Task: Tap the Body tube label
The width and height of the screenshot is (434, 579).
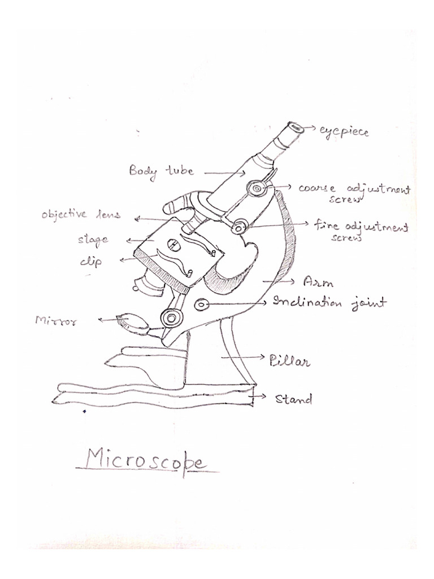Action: (x=161, y=171)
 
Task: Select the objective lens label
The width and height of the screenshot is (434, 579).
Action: (x=81, y=214)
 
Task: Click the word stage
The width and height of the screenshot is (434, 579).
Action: (x=93, y=240)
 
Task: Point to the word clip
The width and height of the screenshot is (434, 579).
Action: (x=91, y=261)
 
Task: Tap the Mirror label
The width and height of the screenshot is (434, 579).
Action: (x=57, y=321)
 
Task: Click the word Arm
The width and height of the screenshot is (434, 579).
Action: (x=318, y=283)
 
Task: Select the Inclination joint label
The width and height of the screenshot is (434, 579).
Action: (x=330, y=303)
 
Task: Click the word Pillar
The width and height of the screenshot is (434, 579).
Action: (x=290, y=361)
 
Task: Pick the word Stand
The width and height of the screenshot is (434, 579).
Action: (x=294, y=399)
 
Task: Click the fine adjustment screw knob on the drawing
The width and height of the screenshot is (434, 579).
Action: (x=240, y=226)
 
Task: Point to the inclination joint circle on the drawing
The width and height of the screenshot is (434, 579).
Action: (x=202, y=305)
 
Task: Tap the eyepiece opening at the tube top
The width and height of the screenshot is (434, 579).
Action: (x=296, y=128)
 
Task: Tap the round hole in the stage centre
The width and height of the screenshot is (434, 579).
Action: (x=173, y=244)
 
